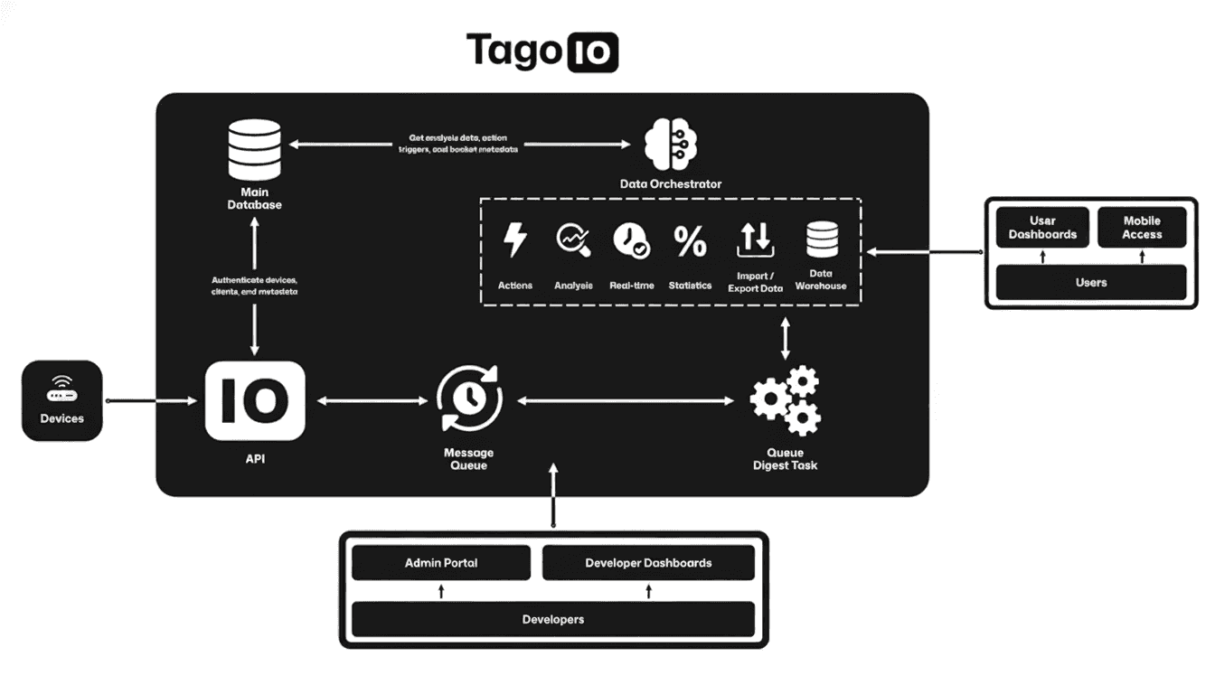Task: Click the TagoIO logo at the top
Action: (x=542, y=51)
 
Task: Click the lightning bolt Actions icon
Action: (x=515, y=241)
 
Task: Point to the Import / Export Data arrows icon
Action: (x=755, y=239)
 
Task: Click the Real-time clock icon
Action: (x=631, y=241)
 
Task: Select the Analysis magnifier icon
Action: (x=572, y=240)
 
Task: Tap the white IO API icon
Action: (x=255, y=400)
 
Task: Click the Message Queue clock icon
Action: (x=468, y=399)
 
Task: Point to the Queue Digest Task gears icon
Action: (x=785, y=399)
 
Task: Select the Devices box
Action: (x=62, y=400)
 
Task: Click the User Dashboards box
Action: (x=1042, y=228)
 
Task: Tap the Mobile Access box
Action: (x=1142, y=228)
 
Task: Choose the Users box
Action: (x=1091, y=282)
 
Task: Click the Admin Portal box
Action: (x=441, y=563)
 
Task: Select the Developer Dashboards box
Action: (x=648, y=563)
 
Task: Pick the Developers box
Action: (x=552, y=619)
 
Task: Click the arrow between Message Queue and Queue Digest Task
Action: (x=625, y=399)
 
